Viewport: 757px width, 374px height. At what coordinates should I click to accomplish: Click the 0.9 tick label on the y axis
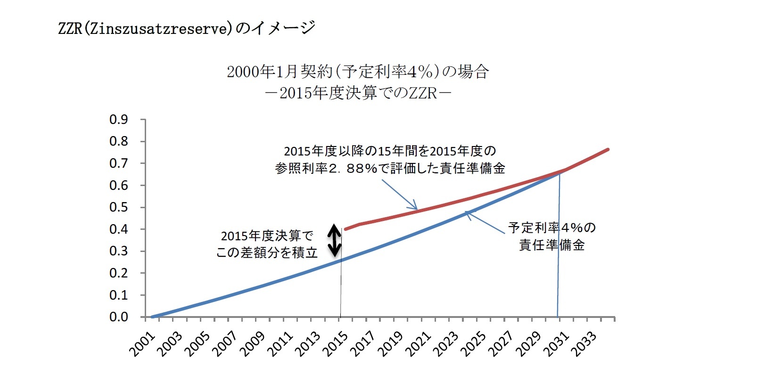[x=118, y=120]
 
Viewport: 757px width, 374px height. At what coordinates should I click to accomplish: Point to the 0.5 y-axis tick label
[x=118, y=207]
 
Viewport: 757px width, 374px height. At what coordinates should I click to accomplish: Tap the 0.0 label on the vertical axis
[x=118, y=317]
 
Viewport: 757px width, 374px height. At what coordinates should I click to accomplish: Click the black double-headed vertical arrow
[x=334, y=240]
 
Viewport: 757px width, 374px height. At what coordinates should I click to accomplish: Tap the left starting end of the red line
[x=346, y=229]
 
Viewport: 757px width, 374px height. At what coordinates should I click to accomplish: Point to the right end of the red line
[x=608, y=149]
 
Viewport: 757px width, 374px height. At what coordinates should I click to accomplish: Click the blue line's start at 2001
[x=153, y=317]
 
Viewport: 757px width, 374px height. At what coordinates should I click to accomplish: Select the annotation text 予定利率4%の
[x=551, y=228]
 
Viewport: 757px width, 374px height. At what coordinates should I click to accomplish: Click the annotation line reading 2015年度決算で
[x=267, y=236]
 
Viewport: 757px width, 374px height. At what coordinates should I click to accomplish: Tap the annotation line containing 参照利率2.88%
[x=390, y=168]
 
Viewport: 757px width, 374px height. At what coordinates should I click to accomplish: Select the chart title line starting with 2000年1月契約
[x=358, y=72]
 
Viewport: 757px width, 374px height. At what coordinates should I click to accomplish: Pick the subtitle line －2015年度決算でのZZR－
[x=358, y=93]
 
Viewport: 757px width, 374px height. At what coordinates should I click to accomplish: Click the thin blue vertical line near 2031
[x=559, y=264]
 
